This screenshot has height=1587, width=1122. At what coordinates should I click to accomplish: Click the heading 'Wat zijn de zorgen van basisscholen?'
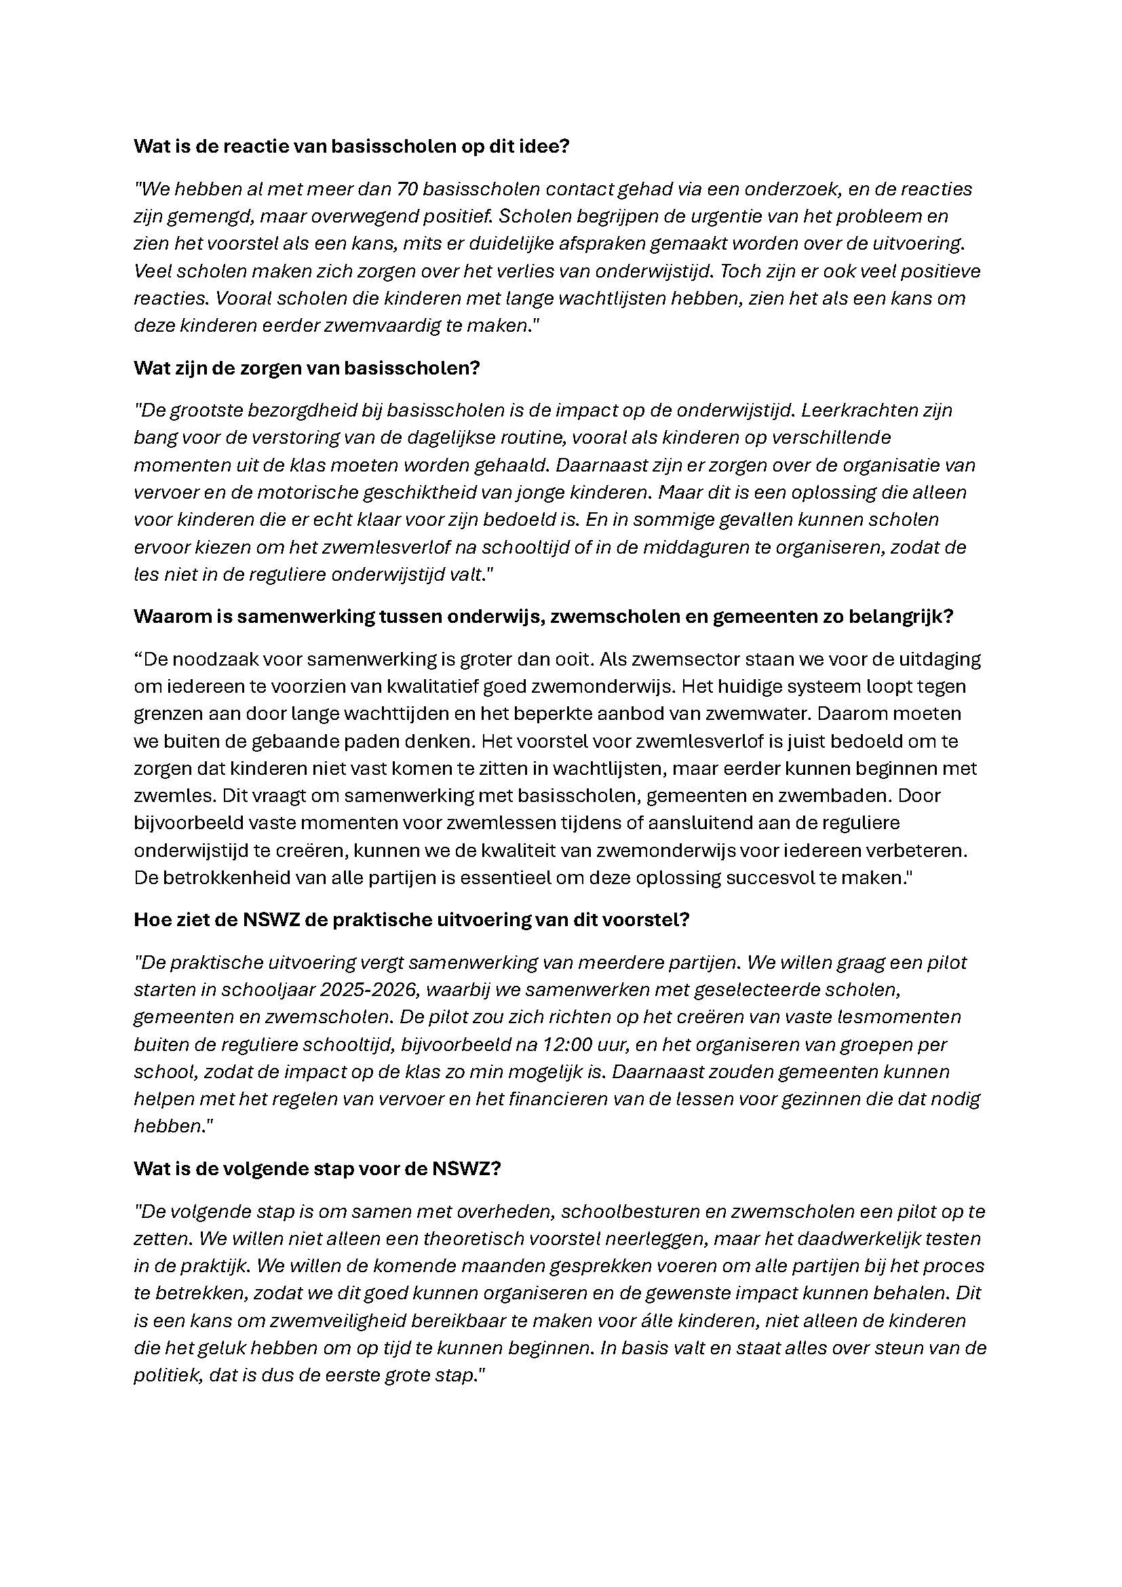coord(306,368)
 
